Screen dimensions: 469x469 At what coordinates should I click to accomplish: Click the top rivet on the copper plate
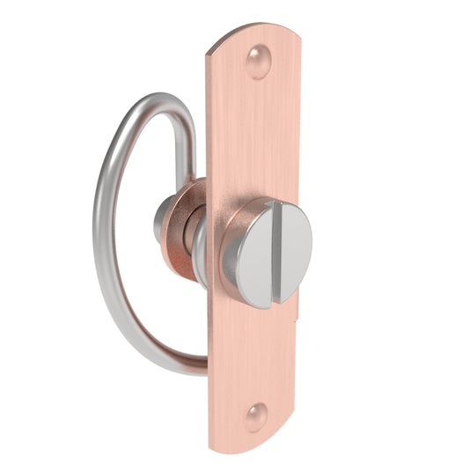pos(257,62)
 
